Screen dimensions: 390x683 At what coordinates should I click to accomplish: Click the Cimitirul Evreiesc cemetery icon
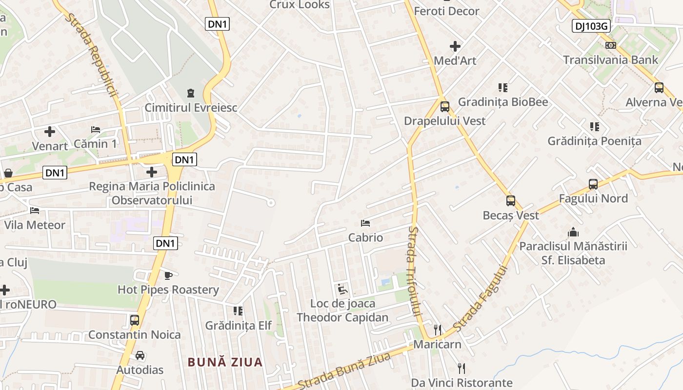191,93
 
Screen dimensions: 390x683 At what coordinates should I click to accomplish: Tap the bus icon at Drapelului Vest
444,106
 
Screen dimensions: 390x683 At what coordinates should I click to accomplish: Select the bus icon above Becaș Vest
511,200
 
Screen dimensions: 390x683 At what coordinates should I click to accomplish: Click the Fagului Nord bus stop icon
593,184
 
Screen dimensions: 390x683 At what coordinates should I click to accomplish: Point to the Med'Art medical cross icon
455,46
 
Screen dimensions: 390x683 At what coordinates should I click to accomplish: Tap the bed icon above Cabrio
365,223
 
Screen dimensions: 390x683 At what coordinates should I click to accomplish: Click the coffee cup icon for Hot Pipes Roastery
168,275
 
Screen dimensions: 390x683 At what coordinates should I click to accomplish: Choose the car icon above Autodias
140,355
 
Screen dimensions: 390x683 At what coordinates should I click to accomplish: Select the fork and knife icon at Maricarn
438,330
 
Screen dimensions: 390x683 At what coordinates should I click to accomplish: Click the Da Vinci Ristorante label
462,383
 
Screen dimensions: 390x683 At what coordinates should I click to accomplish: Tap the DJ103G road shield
591,26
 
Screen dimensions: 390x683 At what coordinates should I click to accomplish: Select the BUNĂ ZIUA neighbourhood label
225,362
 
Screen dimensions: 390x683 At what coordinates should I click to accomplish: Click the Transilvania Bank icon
610,45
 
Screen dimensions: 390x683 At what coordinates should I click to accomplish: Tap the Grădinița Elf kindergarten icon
238,311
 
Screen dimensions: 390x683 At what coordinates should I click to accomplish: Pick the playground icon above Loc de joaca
342,290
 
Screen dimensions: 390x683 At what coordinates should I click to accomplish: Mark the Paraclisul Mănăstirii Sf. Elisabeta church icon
573,232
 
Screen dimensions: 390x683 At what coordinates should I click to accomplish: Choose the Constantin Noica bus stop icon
135,320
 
